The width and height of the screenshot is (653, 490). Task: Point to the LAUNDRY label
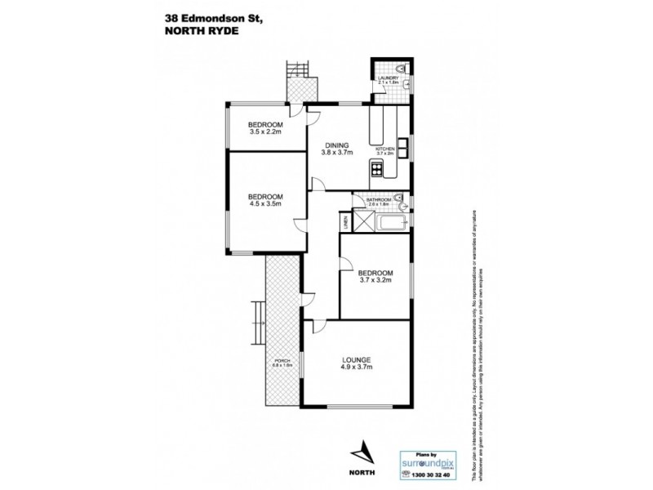[x=388, y=78]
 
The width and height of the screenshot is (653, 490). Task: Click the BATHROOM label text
[x=379, y=199]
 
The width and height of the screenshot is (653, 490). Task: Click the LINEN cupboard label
[x=345, y=220]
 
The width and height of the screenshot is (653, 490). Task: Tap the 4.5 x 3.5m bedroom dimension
[x=265, y=204]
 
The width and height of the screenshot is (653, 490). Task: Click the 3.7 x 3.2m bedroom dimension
[x=375, y=281]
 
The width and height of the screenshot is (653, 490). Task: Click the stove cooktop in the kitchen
[x=377, y=169]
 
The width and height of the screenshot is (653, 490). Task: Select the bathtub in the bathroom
[x=394, y=220]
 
